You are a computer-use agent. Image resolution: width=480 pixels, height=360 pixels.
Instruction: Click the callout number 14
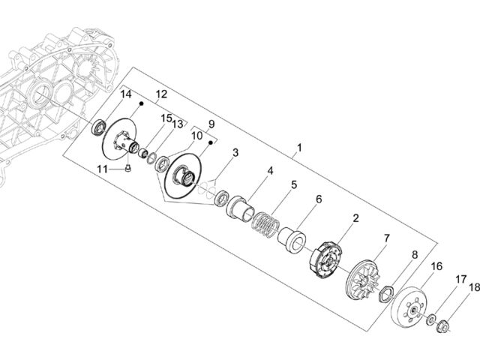click(x=125, y=94)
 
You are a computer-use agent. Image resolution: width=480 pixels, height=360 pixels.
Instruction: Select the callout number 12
click(x=161, y=94)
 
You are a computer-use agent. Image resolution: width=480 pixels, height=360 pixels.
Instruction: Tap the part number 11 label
click(x=103, y=169)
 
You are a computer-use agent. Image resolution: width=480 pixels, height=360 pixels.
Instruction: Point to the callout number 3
click(x=235, y=152)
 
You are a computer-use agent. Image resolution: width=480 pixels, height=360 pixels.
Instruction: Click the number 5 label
click(x=294, y=185)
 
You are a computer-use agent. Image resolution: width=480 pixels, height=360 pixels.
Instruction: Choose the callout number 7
click(x=387, y=238)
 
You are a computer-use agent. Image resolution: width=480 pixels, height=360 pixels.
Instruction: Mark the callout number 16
click(x=436, y=266)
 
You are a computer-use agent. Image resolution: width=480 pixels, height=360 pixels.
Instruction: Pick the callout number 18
click(x=474, y=287)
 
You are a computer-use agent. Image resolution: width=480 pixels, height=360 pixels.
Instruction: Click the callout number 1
click(x=299, y=148)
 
